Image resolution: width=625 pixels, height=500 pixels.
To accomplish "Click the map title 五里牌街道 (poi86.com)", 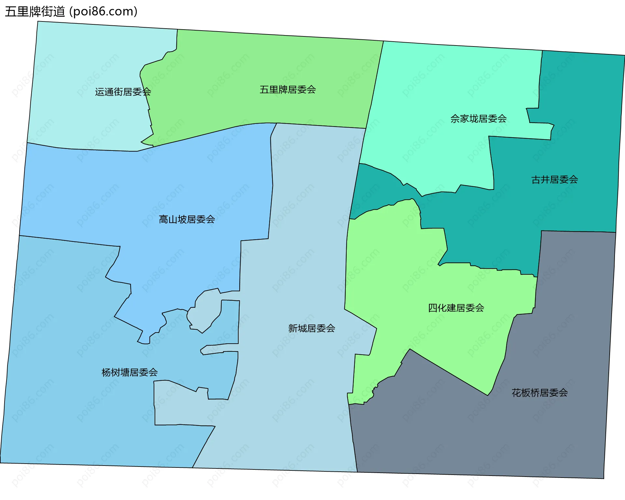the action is click(71, 11).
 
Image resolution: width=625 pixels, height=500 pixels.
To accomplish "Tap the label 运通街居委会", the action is click(123, 92).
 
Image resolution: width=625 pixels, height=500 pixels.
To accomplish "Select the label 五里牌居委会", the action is click(288, 89).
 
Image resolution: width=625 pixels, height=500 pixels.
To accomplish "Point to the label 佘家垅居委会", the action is click(479, 119).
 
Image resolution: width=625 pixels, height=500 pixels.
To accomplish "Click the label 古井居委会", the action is click(554, 179).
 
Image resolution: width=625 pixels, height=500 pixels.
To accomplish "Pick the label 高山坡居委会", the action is click(187, 219).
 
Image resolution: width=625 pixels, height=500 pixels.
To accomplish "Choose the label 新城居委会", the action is click(312, 328).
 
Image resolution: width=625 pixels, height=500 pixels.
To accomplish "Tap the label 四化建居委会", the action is click(456, 308).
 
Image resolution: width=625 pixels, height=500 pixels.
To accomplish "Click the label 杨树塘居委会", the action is click(130, 372).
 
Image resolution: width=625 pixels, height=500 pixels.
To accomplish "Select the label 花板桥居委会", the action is click(540, 393).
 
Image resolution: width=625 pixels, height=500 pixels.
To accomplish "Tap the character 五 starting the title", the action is click(11, 12).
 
